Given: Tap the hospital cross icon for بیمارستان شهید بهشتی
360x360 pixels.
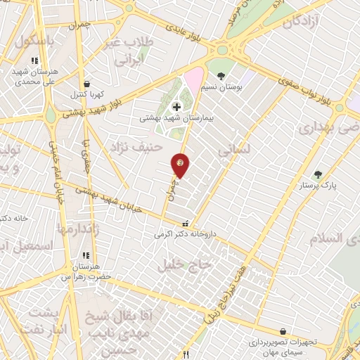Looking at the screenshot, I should (x=175, y=107).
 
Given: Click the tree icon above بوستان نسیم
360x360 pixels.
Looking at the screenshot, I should (x=221, y=75).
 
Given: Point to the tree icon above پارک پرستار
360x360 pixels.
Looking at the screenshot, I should (x=318, y=174).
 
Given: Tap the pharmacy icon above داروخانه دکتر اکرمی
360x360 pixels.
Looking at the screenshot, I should (x=184, y=223).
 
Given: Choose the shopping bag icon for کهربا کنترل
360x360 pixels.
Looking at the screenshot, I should (x=86, y=83).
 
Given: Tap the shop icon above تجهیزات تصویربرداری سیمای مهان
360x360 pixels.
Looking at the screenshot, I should (x=282, y=331).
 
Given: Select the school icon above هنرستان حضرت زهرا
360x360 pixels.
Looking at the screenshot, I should (x=86, y=255).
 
